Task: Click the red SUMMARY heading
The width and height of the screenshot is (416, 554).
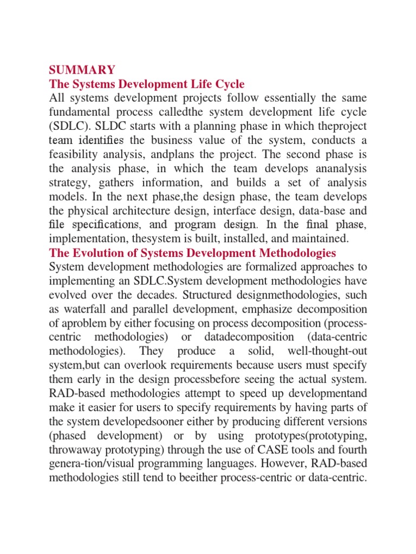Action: tap(82, 70)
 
